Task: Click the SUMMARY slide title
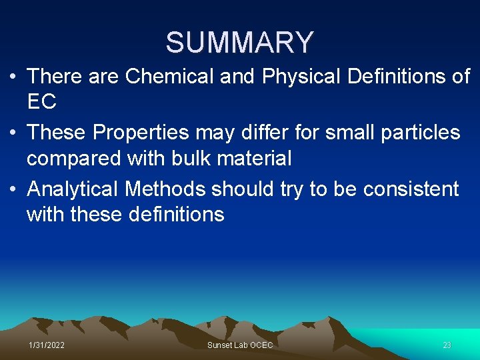tap(239, 43)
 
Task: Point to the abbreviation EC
tap(41, 102)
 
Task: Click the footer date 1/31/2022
tap(47, 345)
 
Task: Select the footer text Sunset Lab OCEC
tap(240, 345)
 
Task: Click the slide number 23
tap(447, 345)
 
